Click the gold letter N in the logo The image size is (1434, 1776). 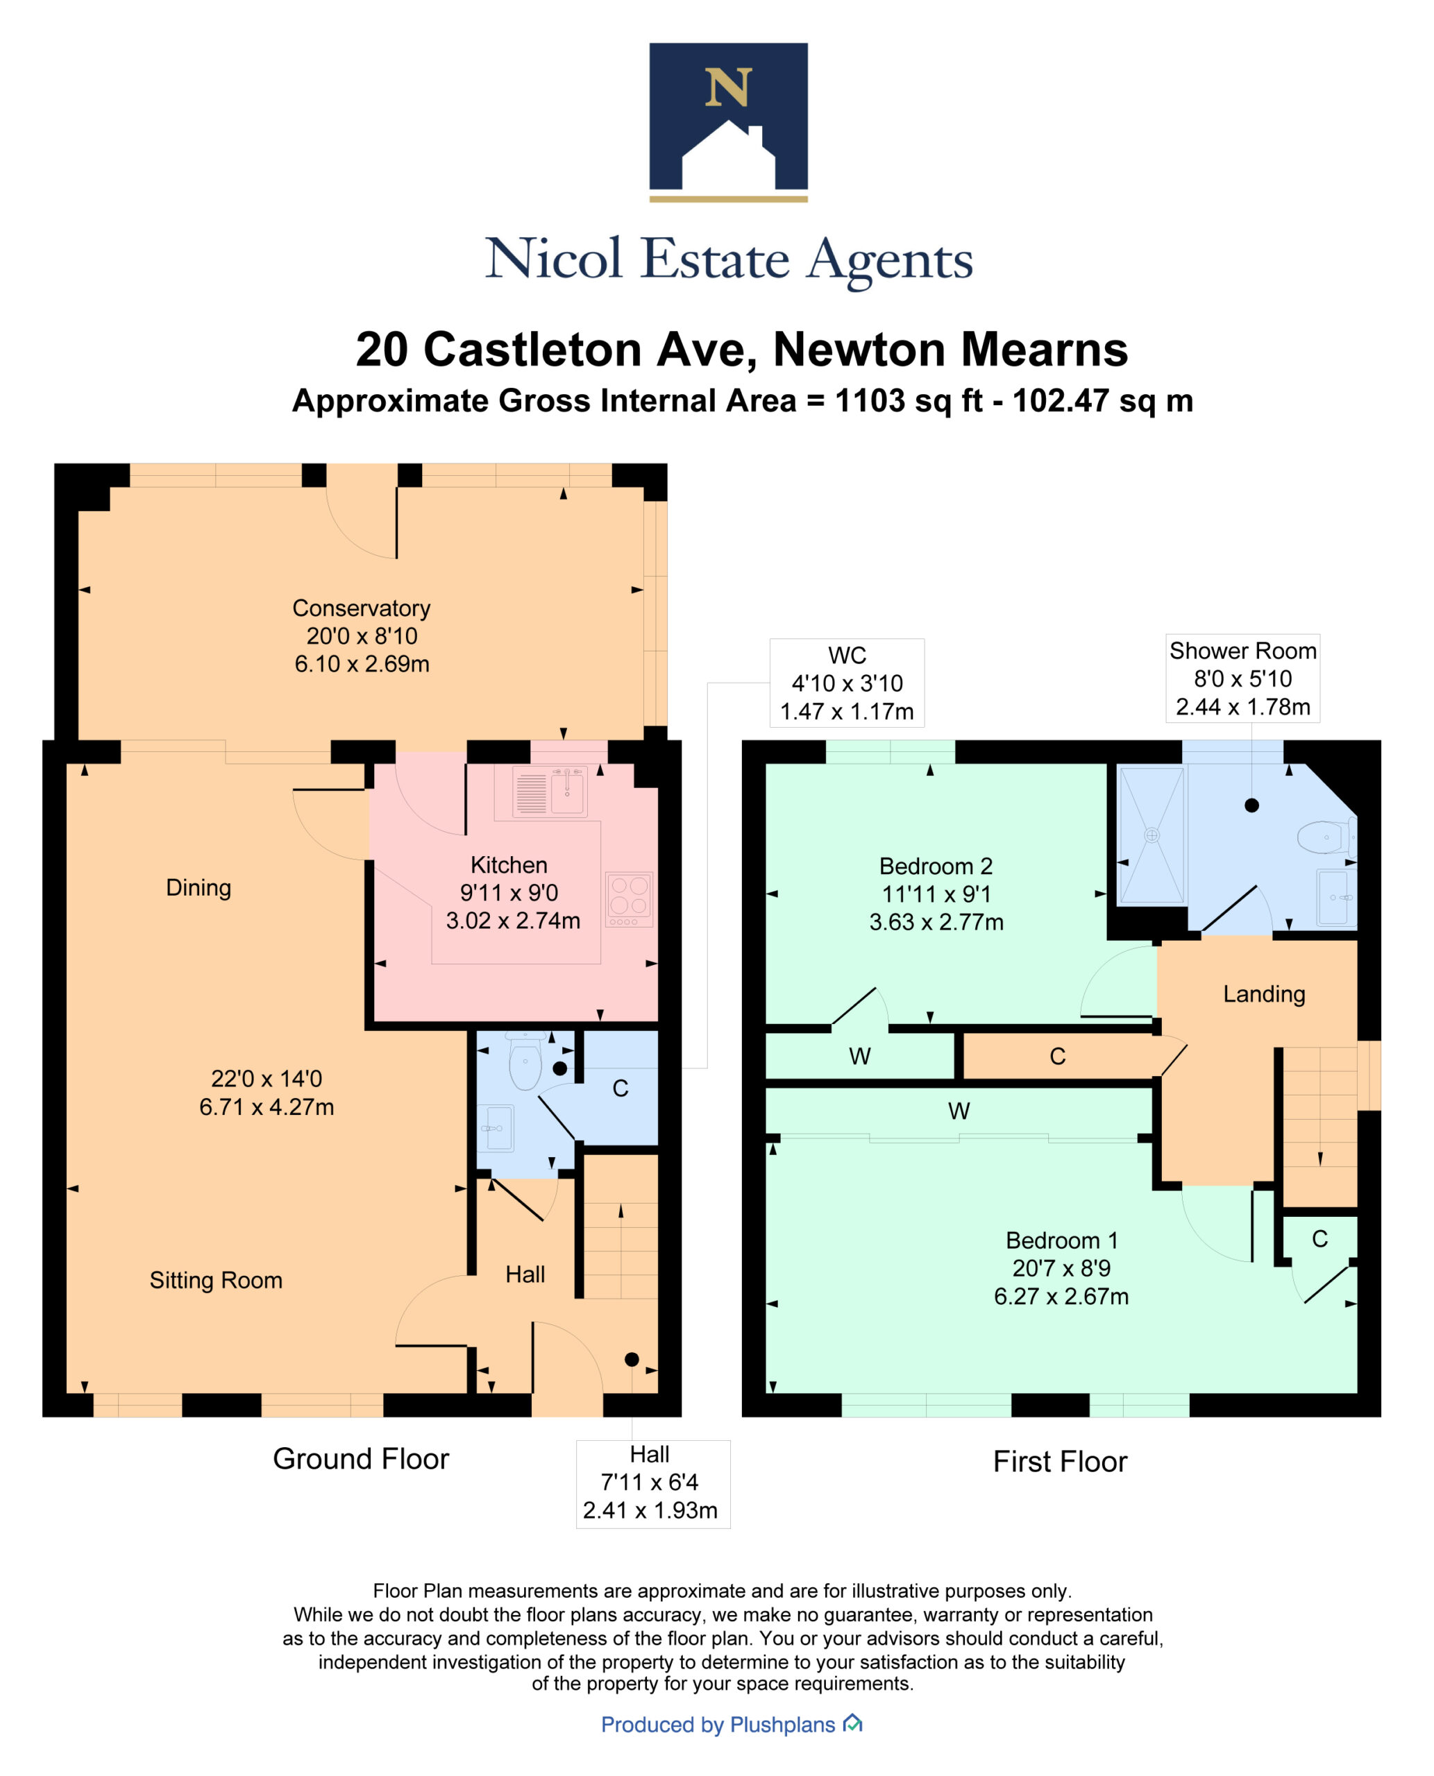(x=727, y=87)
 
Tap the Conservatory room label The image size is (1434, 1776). (x=361, y=608)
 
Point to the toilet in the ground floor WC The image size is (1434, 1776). (x=525, y=1064)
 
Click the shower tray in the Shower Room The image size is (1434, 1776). (x=1152, y=835)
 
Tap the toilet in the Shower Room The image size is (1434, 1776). (x=1325, y=837)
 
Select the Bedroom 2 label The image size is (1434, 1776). (x=935, y=866)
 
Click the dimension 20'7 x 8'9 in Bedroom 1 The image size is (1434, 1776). (x=1061, y=1268)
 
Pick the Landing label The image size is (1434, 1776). (x=1263, y=994)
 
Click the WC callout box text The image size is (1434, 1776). (x=847, y=683)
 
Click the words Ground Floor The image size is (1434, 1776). (x=361, y=1458)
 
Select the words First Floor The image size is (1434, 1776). (x=1059, y=1462)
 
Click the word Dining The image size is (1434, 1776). (x=199, y=887)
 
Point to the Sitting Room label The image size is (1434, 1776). (x=216, y=1280)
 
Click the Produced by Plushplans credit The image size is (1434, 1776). (x=718, y=1724)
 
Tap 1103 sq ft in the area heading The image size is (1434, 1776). (x=908, y=401)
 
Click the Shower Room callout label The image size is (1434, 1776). (x=1242, y=651)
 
